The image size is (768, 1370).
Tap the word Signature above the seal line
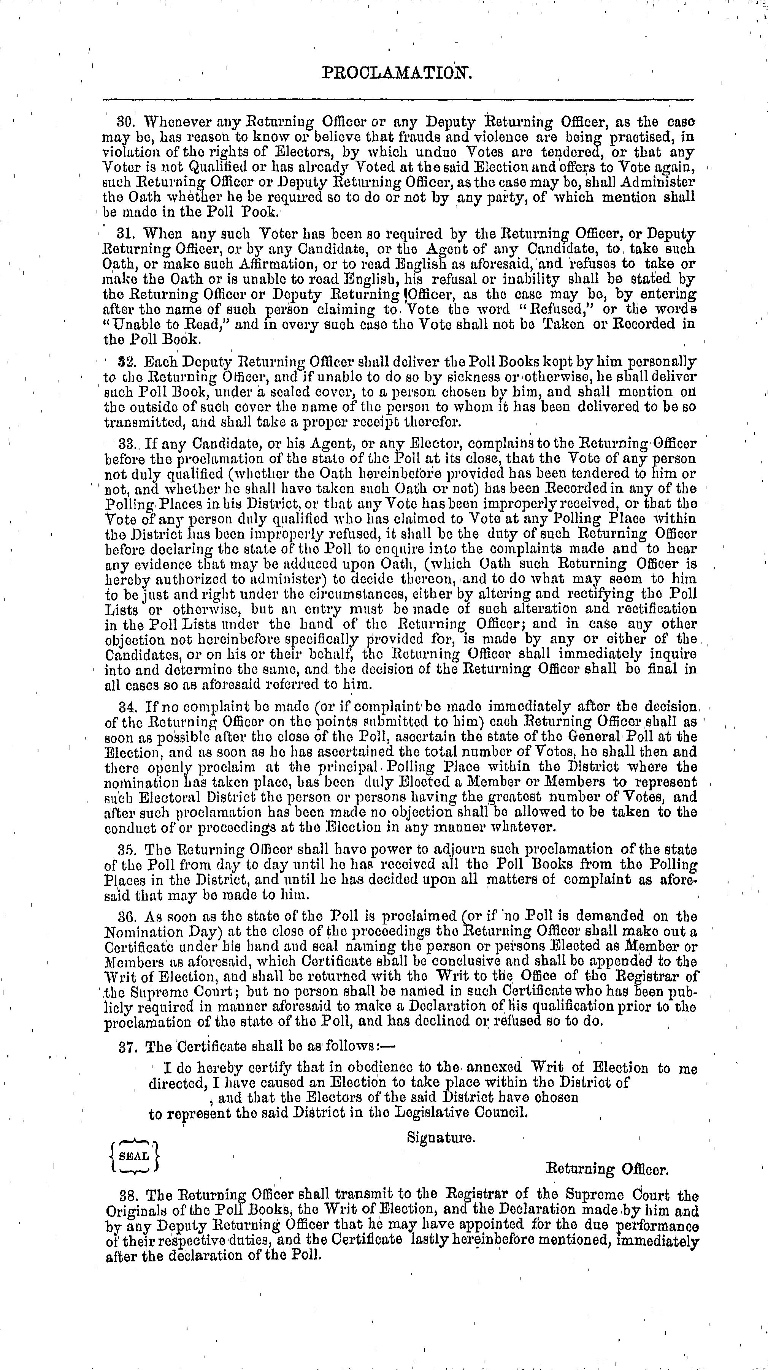point(441,1138)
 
